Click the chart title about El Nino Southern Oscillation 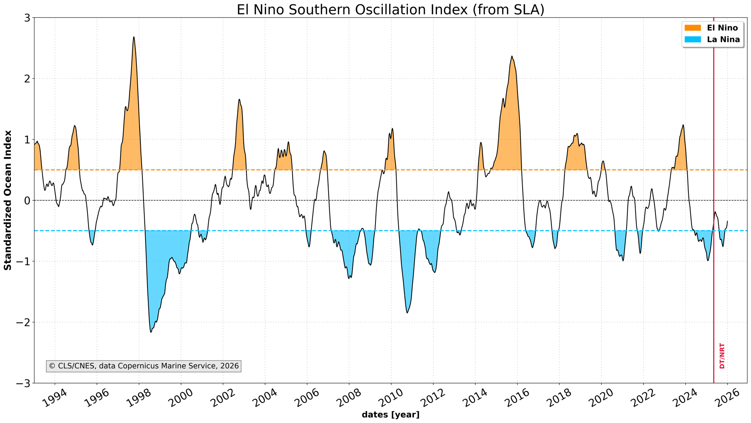coord(390,9)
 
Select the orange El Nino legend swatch coord(693,28)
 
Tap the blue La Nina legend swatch coord(693,40)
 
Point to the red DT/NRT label coord(722,356)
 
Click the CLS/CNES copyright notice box coord(144,366)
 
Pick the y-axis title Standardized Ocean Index coord(8,200)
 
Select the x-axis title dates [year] coord(390,415)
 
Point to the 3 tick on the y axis coord(27,18)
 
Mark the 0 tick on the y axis coord(27,201)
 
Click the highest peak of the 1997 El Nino coord(134,37)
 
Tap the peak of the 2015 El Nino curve coord(512,56)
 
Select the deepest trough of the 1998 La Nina coord(151,332)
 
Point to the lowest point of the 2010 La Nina coord(407,313)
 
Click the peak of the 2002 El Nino coord(239,99)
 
